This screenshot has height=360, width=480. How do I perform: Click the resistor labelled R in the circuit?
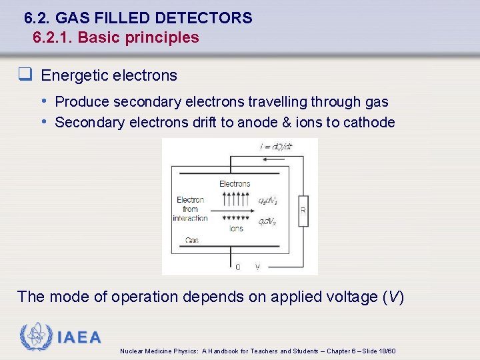pyautogui.click(x=303, y=209)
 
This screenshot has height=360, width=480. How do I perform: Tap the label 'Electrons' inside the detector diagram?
pyautogui.click(x=235, y=183)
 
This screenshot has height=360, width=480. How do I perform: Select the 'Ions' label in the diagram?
pyautogui.click(x=236, y=228)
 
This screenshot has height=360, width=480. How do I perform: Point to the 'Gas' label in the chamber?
pyautogui.click(x=192, y=240)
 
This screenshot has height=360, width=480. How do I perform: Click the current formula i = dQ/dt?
pyautogui.click(x=276, y=147)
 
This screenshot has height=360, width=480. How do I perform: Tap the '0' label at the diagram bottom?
pyautogui.click(x=238, y=267)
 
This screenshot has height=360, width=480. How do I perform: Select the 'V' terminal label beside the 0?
pyautogui.click(x=258, y=267)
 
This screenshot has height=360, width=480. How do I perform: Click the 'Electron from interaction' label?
pyautogui.click(x=190, y=209)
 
